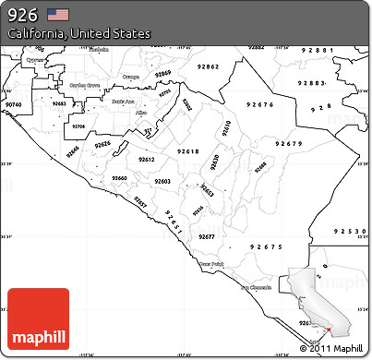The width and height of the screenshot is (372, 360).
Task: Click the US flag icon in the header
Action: [58, 14]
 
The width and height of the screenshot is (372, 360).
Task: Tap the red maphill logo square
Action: [38, 318]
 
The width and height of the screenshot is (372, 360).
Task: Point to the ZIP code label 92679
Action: [289, 144]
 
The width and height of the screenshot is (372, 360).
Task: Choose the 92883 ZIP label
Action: [313, 83]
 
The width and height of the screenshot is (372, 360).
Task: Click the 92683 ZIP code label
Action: [59, 104]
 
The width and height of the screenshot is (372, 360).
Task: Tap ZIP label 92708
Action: [78, 126]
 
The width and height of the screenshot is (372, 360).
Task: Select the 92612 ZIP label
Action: [147, 160]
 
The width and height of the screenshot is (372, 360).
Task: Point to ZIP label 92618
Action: [187, 150]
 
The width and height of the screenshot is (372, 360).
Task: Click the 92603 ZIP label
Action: [162, 181]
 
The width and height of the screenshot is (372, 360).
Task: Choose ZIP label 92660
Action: [119, 177]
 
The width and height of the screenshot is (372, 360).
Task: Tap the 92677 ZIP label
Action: [206, 237]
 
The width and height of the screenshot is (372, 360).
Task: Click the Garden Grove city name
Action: [85, 81]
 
